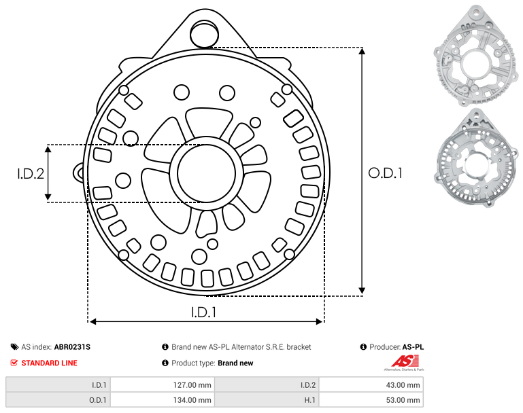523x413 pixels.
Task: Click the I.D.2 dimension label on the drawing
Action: tap(31, 173)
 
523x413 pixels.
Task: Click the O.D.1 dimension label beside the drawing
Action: tap(385, 173)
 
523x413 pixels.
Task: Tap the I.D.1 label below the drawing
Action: tap(204, 312)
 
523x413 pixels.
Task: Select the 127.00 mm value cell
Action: tap(163, 385)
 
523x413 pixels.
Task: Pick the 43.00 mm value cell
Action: tap(371, 385)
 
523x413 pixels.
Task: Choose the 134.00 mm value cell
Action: tap(163, 399)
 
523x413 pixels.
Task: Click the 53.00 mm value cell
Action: tap(371, 399)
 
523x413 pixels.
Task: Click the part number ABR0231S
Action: tap(72, 347)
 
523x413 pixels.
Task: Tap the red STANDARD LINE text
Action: tap(50, 363)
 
